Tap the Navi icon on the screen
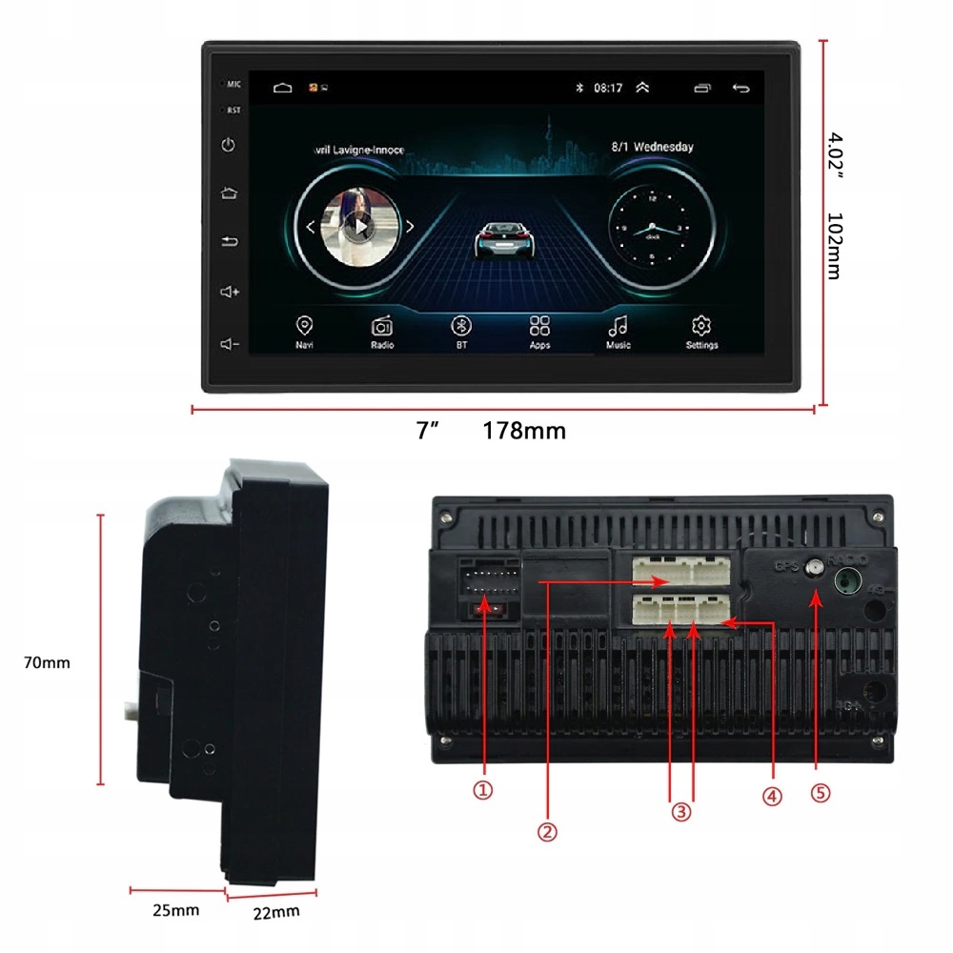pos(304,326)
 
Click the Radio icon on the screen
pos(382,326)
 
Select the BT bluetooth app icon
pos(461,326)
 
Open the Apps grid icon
pos(540,326)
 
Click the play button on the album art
pos(359,227)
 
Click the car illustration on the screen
pos(503,238)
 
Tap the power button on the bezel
pos(228,146)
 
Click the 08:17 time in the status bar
pos(607,89)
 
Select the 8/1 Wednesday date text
pos(652,148)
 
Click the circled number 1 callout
pos(484,790)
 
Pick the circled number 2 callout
pos(547,831)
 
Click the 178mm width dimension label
pos(524,431)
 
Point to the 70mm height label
pos(47,662)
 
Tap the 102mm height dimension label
pos(833,246)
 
